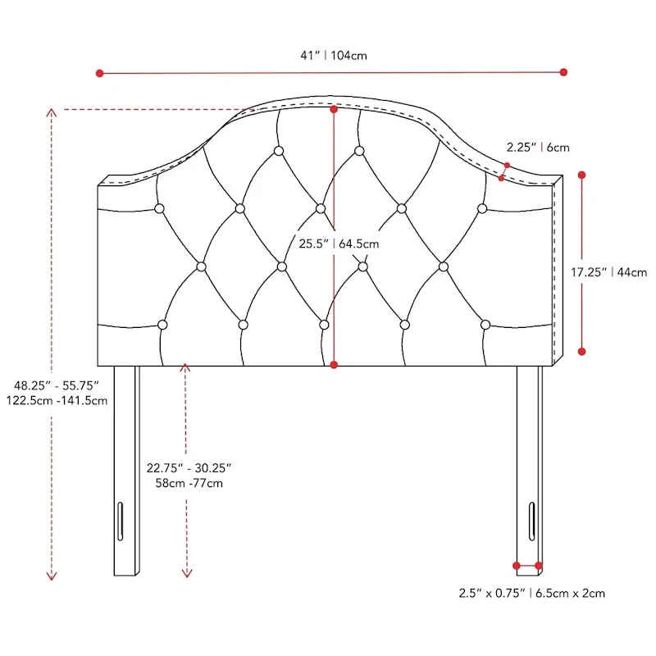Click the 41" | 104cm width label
(333, 56)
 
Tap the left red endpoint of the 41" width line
(100, 73)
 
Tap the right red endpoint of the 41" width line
(563, 72)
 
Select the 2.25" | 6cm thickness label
(537, 148)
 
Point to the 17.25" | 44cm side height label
(609, 272)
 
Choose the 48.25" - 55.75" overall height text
(56, 384)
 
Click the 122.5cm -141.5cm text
(56, 400)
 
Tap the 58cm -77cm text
(189, 484)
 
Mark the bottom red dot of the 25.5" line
(334, 364)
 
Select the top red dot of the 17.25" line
(582, 175)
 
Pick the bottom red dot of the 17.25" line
(582, 351)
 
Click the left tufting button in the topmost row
(279, 151)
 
